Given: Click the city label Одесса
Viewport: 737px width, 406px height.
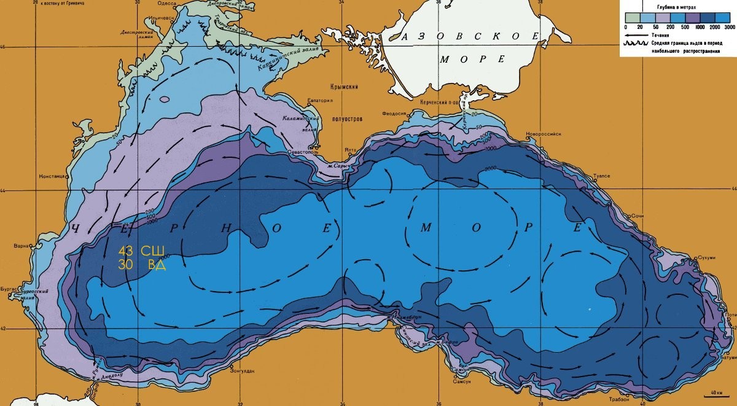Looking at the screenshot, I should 166,4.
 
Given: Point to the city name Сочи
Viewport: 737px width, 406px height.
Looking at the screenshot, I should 639,217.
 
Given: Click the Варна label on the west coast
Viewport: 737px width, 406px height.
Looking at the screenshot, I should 21,246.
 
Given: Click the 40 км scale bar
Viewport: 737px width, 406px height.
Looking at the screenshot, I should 715,392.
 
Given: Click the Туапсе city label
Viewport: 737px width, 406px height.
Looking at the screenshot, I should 601,176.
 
